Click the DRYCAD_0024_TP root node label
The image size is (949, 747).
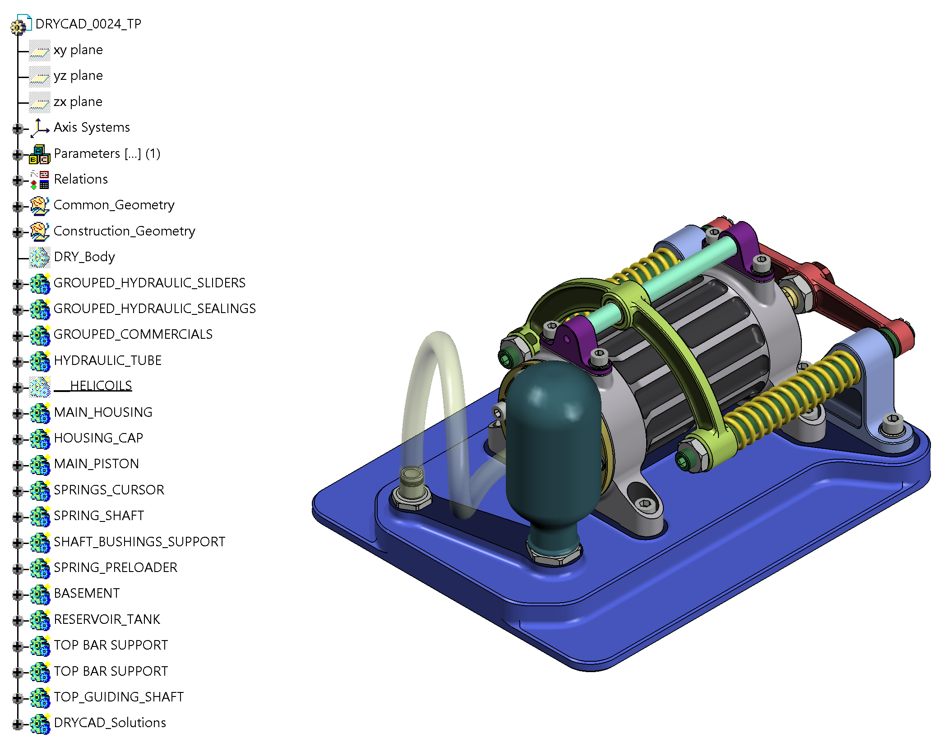pos(88,24)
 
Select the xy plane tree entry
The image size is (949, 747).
pos(78,50)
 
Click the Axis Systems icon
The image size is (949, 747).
pos(40,128)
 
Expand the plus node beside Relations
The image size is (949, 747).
pos(18,180)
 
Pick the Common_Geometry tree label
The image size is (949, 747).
pos(114,205)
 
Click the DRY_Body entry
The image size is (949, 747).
pos(84,257)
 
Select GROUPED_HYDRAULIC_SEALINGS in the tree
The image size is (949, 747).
pos(155,309)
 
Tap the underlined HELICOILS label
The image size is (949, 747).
pos(93,386)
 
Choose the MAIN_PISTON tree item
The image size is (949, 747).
pos(97,464)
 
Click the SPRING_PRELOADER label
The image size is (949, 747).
pos(116,567)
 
